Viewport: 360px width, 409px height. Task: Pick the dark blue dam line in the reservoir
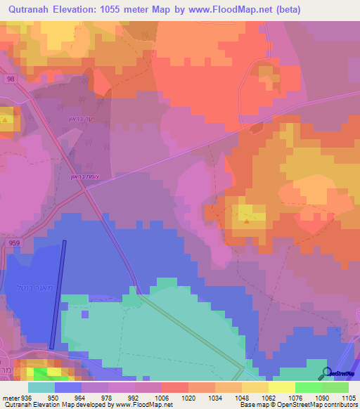pyautogui.click(x=58, y=294)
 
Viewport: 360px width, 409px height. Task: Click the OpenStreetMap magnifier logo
pyautogui.click(x=326, y=374)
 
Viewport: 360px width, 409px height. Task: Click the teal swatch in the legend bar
pyautogui.click(x=41, y=387)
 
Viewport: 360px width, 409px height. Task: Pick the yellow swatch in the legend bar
pyautogui.click(x=281, y=387)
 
